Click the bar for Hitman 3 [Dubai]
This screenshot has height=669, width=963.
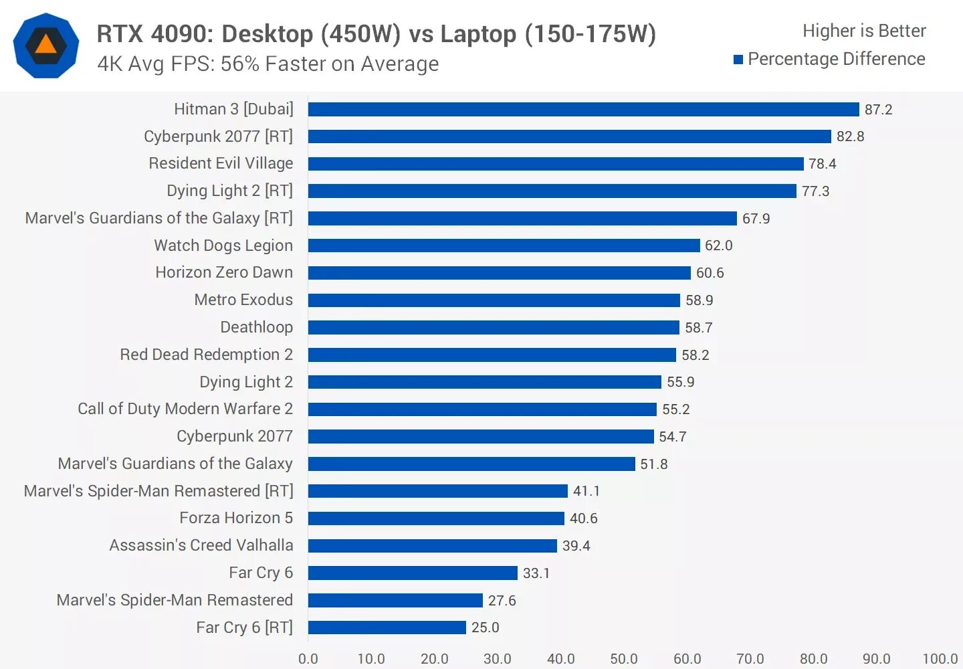click(x=583, y=109)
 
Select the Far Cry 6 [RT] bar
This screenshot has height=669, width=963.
click(x=387, y=628)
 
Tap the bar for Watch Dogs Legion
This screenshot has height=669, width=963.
click(x=504, y=246)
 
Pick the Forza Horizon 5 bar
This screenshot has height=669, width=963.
click(x=436, y=518)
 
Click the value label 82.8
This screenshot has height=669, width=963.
click(x=850, y=136)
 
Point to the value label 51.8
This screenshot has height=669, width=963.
click(x=653, y=464)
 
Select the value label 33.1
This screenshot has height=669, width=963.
click(x=536, y=573)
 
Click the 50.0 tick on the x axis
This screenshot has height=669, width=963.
click(x=623, y=659)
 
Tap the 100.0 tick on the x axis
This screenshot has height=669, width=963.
click(x=940, y=659)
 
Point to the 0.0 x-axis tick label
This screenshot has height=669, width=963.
click(x=308, y=659)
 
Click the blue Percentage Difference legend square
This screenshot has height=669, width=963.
click(x=738, y=60)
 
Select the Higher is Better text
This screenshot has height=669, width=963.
click(x=864, y=31)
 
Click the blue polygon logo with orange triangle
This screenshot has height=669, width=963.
click(x=46, y=45)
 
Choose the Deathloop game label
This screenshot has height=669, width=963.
click(x=257, y=327)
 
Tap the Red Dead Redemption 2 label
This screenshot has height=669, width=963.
click(x=206, y=355)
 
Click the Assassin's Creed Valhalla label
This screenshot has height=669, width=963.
click(x=201, y=545)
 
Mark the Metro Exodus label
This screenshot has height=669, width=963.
click(x=243, y=300)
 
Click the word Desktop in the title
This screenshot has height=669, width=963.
click(x=267, y=33)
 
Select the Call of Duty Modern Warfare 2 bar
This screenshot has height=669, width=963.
click(x=482, y=409)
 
